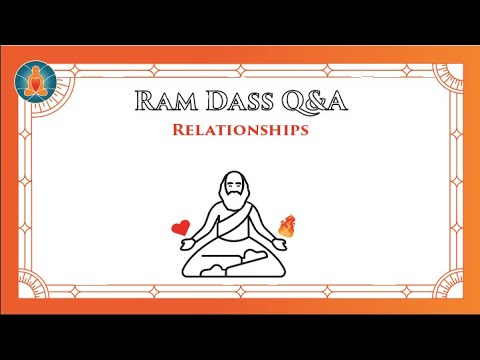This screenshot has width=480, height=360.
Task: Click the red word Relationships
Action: point(240,131)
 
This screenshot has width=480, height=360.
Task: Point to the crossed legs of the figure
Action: point(239,262)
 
